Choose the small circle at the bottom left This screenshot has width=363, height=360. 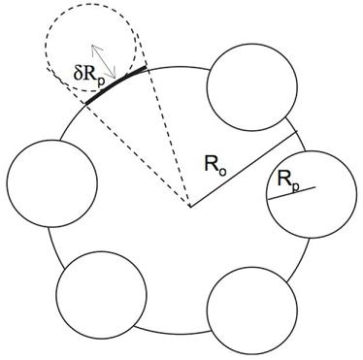click(x=101, y=295)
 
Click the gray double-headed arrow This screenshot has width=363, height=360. click(x=104, y=60)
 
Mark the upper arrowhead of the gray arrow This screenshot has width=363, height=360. click(x=94, y=46)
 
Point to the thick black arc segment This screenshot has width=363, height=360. click(x=115, y=82)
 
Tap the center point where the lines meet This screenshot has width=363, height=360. click(x=189, y=207)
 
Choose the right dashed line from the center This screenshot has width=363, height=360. click(x=168, y=136)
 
